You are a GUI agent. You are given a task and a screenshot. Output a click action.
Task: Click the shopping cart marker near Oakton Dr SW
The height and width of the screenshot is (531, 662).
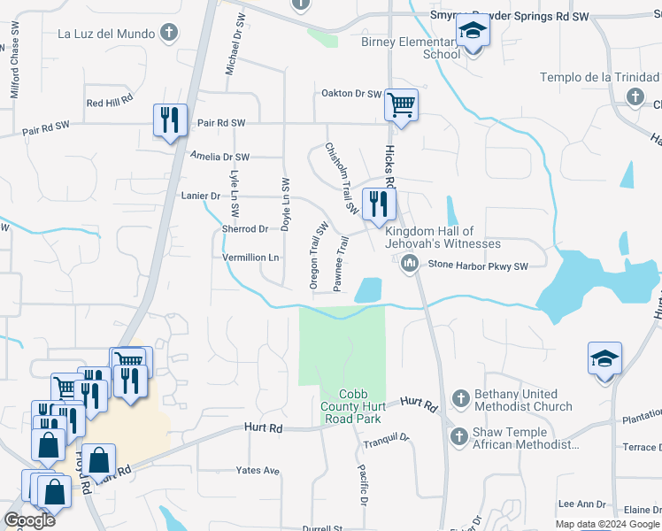click(x=401, y=106)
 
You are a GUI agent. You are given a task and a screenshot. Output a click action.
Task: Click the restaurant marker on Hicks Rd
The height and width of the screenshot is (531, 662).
click(x=379, y=204)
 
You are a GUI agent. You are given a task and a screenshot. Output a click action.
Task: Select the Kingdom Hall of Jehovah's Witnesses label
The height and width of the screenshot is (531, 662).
click(x=443, y=237)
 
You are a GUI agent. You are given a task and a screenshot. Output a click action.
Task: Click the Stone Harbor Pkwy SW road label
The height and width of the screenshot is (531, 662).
click(x=478, y=265)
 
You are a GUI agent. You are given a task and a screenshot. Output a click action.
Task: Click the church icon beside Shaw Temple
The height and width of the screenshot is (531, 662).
click(x=459, y=435)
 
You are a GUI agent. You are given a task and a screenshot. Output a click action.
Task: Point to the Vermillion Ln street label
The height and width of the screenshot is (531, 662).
click(x=251, y=257)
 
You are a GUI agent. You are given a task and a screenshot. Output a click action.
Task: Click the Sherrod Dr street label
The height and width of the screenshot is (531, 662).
click(x=245, y=228)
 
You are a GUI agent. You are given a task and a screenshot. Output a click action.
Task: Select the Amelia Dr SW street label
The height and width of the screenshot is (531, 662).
click(x=220, y=157)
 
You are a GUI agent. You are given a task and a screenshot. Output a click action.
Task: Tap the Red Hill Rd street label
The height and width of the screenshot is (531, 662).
click(x=110, y=103)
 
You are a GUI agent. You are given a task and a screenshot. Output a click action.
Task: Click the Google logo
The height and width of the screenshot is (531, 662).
click(x=29, y=520)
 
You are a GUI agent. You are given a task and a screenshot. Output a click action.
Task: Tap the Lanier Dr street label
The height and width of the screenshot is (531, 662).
click(x=200, y=195)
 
